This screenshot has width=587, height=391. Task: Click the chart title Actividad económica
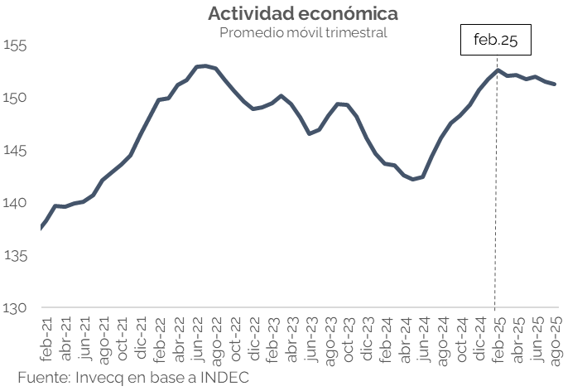(x=302, y=14)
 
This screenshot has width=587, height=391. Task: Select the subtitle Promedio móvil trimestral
(x=302, y=32)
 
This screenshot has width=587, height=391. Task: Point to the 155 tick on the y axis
(x=15, y=46)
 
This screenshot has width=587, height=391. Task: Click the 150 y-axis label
(x=15, y=98)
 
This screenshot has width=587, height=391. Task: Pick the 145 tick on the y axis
(x=15, y=151)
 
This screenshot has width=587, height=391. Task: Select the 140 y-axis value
(x=15, y=203)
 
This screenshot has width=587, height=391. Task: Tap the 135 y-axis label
(x=15, y=255)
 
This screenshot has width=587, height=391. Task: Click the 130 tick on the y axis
(x=15, y=308)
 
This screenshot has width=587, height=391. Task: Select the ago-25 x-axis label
(x=556, y=337)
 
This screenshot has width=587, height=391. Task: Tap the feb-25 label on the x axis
(x=498, y=337)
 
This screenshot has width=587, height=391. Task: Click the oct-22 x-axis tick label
(x=236, y=337)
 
